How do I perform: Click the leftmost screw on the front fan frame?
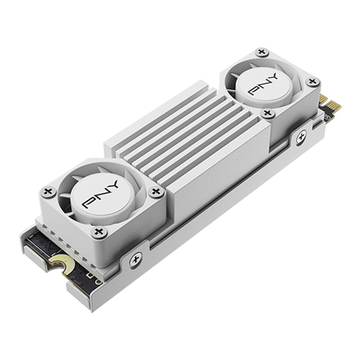[49, 192]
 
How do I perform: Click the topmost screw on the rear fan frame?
[262, 52]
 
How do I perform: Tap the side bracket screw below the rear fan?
[301, 135]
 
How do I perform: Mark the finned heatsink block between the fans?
[173, 137]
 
